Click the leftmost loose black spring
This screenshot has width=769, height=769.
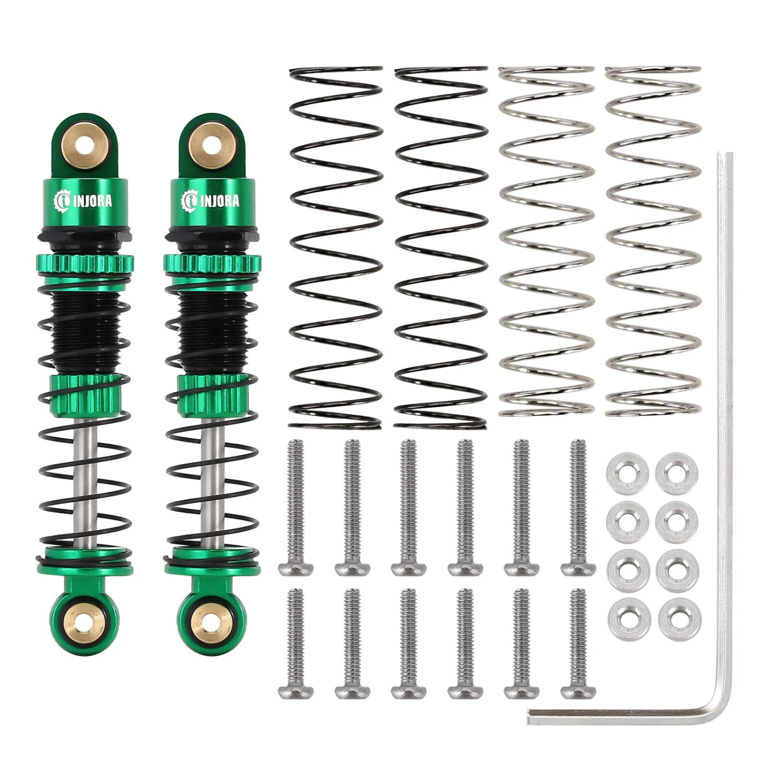click(x=336, y=248)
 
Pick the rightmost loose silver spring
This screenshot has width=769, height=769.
click(x=653, y=241)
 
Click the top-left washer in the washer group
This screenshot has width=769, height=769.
click(x=628, y=472)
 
